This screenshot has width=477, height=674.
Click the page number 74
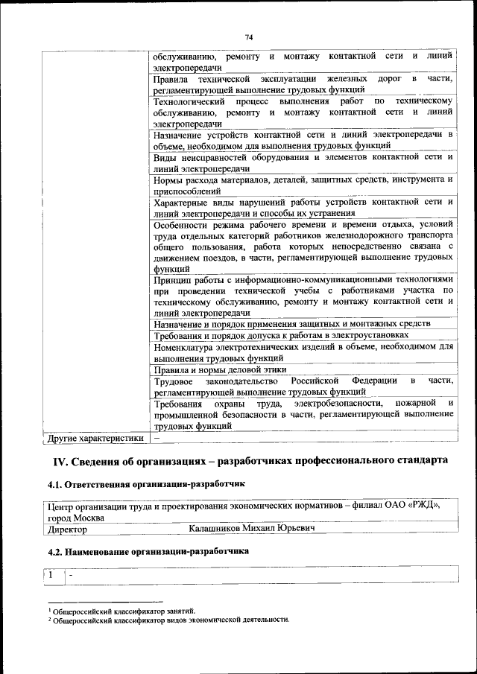[x=249, y=37]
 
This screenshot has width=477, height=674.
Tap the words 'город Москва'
[x=74, y=517]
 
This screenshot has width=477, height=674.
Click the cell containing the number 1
[x=51, y=576]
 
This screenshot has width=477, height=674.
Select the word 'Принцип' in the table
[x=171, y=280]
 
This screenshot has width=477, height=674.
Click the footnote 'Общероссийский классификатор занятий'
[x=121, y=611]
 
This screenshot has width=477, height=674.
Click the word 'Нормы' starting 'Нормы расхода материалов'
[x=167, y=179]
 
